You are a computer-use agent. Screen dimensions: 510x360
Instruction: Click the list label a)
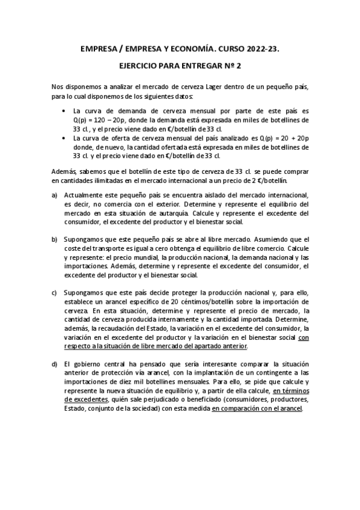click(55, 195)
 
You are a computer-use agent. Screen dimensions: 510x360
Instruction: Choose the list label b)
click(55, 239)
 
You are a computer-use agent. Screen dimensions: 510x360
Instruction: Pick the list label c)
click(55, 293)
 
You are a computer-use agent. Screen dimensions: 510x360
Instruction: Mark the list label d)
click(55, 364)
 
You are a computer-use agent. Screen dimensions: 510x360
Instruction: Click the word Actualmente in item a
click(84, 195)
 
